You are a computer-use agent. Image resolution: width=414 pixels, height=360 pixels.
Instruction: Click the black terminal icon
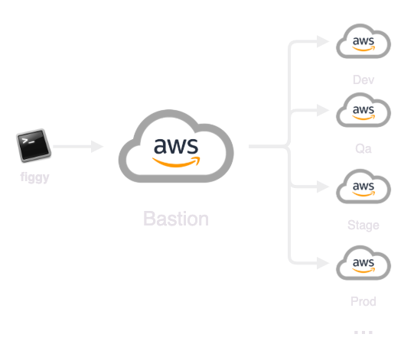(x=34, y=145)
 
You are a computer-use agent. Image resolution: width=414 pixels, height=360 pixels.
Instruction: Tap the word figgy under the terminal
(x=35, y=177)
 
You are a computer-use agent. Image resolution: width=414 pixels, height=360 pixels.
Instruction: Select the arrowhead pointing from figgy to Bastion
(x=97, y=147)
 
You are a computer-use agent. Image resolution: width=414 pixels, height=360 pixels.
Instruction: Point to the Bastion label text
(x=176, y=219)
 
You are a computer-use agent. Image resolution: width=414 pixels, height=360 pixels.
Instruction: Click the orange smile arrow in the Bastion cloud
(x=176, y=162)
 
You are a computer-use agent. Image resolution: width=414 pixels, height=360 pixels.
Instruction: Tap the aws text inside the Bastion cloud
(x=176, y=146)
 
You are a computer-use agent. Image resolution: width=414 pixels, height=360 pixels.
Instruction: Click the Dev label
(x=363, y=79)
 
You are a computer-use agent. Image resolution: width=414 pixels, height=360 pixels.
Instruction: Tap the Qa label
(x=363, y=148)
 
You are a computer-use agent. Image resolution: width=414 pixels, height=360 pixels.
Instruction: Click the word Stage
(x=363, y=225)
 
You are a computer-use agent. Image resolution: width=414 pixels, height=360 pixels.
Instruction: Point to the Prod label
(x=363, y=301)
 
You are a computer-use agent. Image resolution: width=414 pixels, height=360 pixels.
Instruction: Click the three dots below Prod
(x=363, y=332)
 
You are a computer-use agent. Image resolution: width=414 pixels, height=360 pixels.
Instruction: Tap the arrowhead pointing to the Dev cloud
(x=323, y=41)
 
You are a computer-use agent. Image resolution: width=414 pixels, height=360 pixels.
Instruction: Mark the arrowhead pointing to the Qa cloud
(x=323, y=110)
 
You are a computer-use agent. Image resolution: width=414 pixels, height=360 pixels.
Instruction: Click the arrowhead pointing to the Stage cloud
(x=323, y=186)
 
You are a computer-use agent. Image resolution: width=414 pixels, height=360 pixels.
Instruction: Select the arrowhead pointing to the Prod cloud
(x=323, y=263)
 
